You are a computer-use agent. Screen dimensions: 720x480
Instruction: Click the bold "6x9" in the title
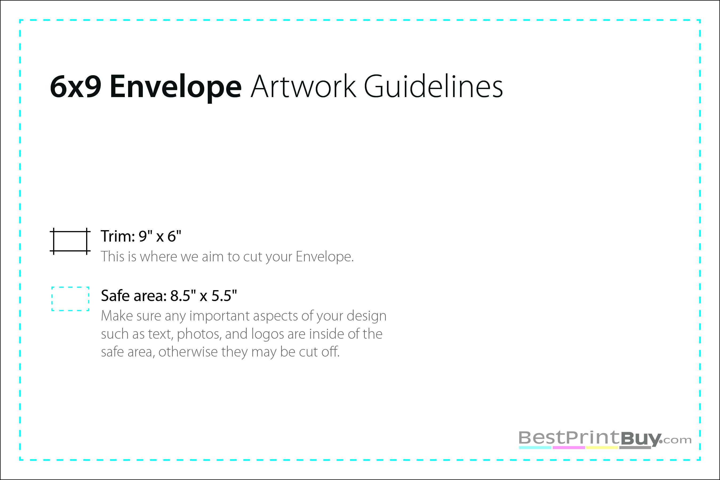pyautogui.click(x=76, y=87)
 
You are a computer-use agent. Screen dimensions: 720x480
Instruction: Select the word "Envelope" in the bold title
pyautogui.click(x=176, y=87)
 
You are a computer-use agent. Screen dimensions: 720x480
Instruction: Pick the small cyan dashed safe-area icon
pyautogui.click(x=70, y=299)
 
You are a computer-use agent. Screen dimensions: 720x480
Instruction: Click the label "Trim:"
pyautogui.click(x=118, y=236)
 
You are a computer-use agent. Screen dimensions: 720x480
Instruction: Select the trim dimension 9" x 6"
pyautogui.click(x=160, y=236)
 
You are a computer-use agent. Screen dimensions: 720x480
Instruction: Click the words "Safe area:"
pyautogui.click(x=134, y=296)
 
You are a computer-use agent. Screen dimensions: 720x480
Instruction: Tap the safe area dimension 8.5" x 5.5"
pyautogui.click(x=203, y=296)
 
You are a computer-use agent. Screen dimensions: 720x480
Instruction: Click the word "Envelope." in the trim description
pyautogui.click(x=325, y=257)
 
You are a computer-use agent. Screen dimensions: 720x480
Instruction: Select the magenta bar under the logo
pyautogui.click(x=569, y=448)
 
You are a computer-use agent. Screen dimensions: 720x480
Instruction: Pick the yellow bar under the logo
pyautogui.click(x=602, y=448)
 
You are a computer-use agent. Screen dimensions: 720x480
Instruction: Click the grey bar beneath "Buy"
pyautogui.click(x=635, y=447)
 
